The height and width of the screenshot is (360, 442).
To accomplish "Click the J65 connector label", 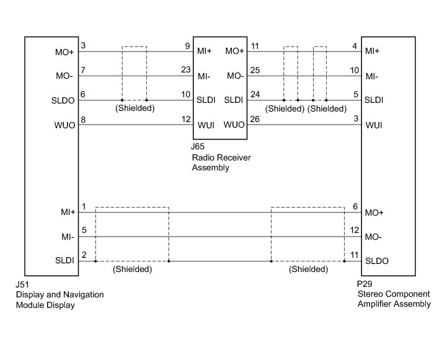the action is pos(197,146).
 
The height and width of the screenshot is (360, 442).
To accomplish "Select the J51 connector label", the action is pos(22,284).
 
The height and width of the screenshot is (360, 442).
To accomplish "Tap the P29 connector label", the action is pos(365,284).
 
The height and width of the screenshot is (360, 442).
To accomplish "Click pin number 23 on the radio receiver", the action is pos(186,69).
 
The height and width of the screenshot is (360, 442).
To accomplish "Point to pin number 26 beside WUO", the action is pos(255,119).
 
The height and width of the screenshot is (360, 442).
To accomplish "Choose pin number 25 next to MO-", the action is pos(255,70).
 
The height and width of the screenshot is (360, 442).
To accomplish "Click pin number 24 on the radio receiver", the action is pos(255,94).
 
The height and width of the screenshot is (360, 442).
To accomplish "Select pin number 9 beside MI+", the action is pos(187,46).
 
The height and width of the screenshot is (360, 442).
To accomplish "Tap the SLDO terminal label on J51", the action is pos(63,100).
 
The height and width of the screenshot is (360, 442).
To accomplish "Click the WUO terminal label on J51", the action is pos(65,125).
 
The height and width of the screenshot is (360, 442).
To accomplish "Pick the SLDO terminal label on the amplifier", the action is pos(377,261).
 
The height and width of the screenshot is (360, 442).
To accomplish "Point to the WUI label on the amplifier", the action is pos(374,125).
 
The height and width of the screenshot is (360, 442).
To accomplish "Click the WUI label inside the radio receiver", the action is pos(206,125).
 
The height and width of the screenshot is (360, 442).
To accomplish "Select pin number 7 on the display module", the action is pos(83,70).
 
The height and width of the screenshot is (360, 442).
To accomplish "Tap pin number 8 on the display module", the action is pos(83,120).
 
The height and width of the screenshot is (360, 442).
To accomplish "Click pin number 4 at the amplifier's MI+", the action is pos(355,46).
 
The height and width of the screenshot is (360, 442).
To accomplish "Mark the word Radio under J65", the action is pos(202,157).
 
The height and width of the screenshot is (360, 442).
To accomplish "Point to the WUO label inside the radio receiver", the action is pos(234,125).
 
